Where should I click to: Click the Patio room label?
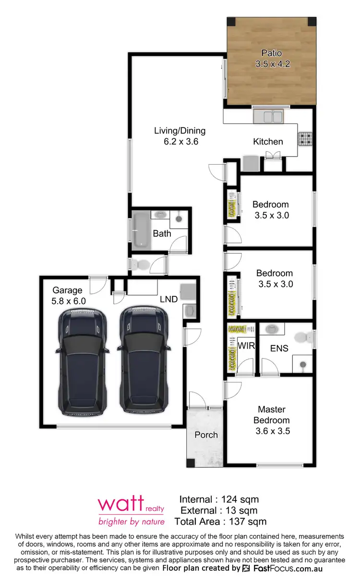(x=271, y=53)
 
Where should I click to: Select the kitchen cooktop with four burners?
(x=305, y=139)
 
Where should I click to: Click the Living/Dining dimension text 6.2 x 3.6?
(x=180, y=142)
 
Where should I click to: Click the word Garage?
(x=67, y=290)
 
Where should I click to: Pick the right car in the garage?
(x=144, y=360)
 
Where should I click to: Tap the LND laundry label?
(x=168, y=299)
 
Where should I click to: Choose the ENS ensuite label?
(x=279, y=348)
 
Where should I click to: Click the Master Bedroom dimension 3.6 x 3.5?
(x=273, y=431)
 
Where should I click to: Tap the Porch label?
(x=206, y=435)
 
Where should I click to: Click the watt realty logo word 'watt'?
(x=120, y=505)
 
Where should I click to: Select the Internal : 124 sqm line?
(x=218, y=500)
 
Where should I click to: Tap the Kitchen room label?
(x=268, y=142)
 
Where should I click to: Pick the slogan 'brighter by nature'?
(x=131, y=522)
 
